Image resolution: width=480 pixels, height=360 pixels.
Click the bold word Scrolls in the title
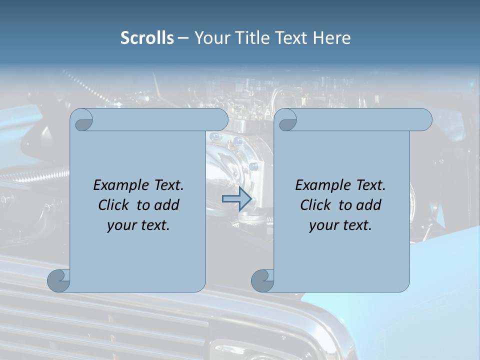click(x=147, y=37)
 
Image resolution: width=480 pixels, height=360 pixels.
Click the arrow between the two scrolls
click(x=236, y=199)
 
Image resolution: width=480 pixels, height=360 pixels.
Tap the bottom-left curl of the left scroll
click(x=58, y=280)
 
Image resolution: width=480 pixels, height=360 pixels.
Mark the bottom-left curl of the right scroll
click(x=262, y=280)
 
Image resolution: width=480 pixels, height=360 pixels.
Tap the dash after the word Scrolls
click(x=183, y=38)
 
